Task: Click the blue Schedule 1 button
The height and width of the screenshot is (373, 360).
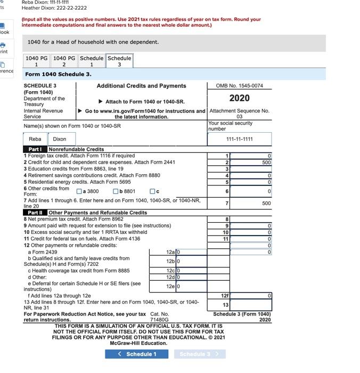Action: [x=138, y=354]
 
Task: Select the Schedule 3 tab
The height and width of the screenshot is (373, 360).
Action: [x=119, y=61]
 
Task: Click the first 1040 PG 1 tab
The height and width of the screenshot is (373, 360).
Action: [x=36, y=61]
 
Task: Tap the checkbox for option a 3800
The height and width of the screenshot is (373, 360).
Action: [x=79, y=191]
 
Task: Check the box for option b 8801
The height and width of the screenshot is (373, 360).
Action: [x=116, y=191]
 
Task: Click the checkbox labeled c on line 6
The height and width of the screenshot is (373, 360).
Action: [x=152, y=191]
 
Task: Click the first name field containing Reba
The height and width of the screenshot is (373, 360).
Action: [x=35, y=139]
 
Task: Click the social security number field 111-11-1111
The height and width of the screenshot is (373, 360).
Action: [x=239, y=139]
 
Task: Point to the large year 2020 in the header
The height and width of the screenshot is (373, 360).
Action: [x=239, y=98]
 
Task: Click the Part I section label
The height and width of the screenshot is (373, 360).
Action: [x=35, y=149]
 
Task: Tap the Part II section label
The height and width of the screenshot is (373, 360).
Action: [x=35, y=213]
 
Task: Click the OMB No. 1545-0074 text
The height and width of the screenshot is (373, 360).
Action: [x=239, y=86]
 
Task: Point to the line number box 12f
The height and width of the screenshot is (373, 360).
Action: [x=225, y=295]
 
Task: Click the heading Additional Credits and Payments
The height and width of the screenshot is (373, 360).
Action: [x=141, y=86]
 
